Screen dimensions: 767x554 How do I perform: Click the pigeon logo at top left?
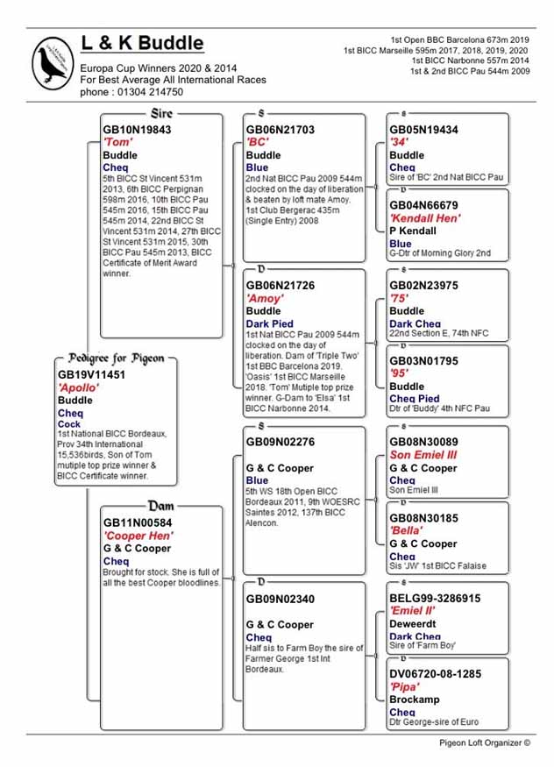(x=53, y=62)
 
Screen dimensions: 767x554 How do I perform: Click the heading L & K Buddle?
(x=142, y=44)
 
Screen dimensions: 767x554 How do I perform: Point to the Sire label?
(x=162, y=114)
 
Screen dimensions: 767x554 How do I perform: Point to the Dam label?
(x=161, y=506)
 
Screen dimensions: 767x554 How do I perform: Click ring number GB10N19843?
(x=137, y=130)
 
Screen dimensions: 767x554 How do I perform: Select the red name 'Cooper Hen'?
(x=137, y=536)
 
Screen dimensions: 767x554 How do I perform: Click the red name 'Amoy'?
(x=265, y=299)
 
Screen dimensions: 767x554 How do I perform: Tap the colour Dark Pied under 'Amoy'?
(x=269, y=323)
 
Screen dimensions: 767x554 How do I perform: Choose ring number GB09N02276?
(x=280, y=443)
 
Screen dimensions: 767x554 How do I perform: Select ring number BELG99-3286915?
(x=435, y=599)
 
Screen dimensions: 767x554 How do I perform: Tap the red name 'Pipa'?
(x=404, y=687)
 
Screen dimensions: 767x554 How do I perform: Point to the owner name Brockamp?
(x=415, y=700)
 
